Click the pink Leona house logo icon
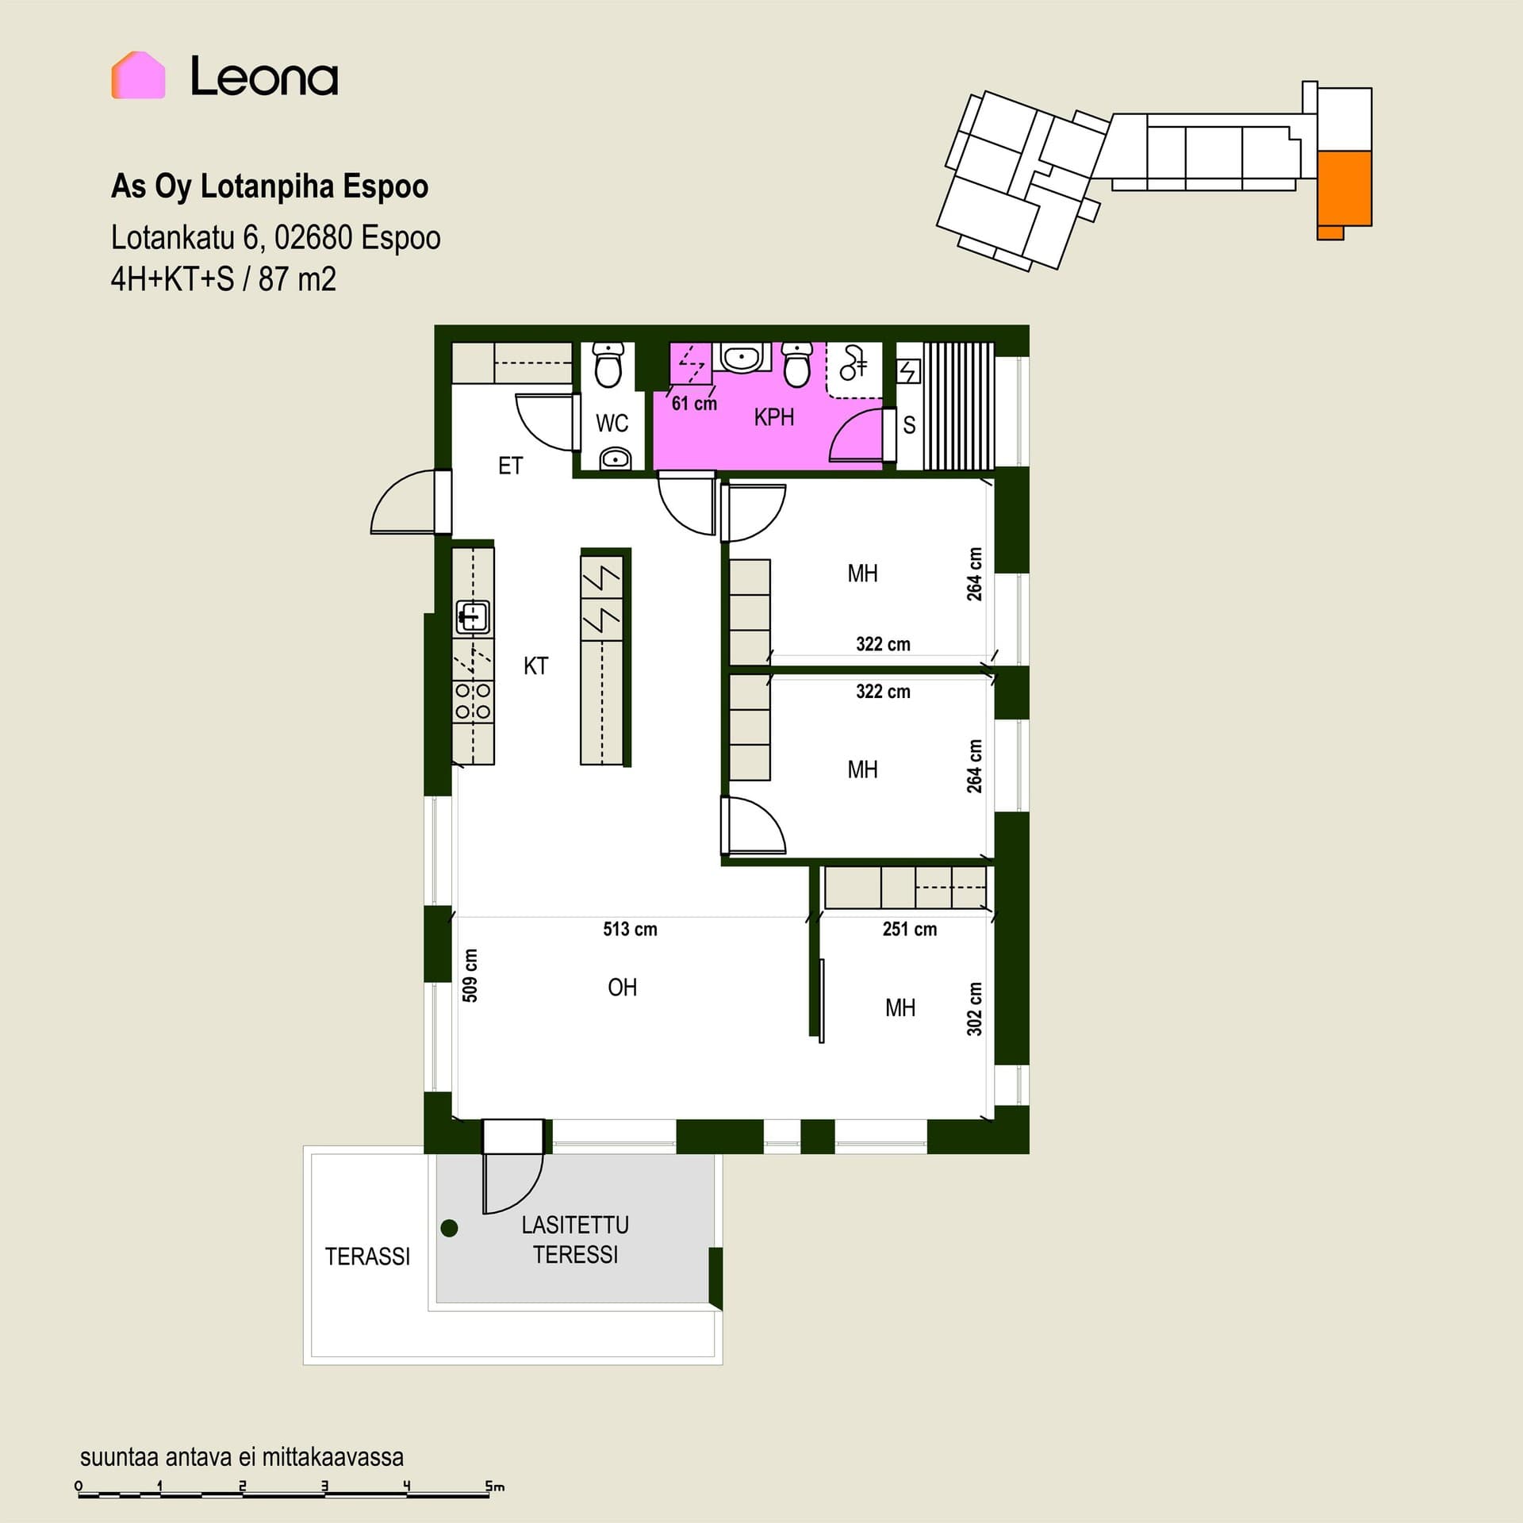[x=138, y=75]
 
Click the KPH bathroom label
[x=773, y=417]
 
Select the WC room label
[x=612, y=424]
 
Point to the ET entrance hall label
[x=510, y=466]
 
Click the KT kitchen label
[x=535, y=666]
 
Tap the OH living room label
[x=622, y=988]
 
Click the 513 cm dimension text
[x=630, y=929]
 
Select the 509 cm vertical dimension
[x=470, y=976]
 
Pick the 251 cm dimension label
[x=909, y=929]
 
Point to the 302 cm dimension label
[x=974, y=1009]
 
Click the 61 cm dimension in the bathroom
[x=694, y=404]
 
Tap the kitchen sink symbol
[x=473, y=616]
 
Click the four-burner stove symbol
[x=473, y=701]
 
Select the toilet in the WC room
[x=608, y=364]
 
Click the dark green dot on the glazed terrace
[x=449, y=1229]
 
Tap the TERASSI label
[x=367, y=1256]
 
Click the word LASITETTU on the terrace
[x=575, y=1226]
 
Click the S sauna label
[x=909, y=425]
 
